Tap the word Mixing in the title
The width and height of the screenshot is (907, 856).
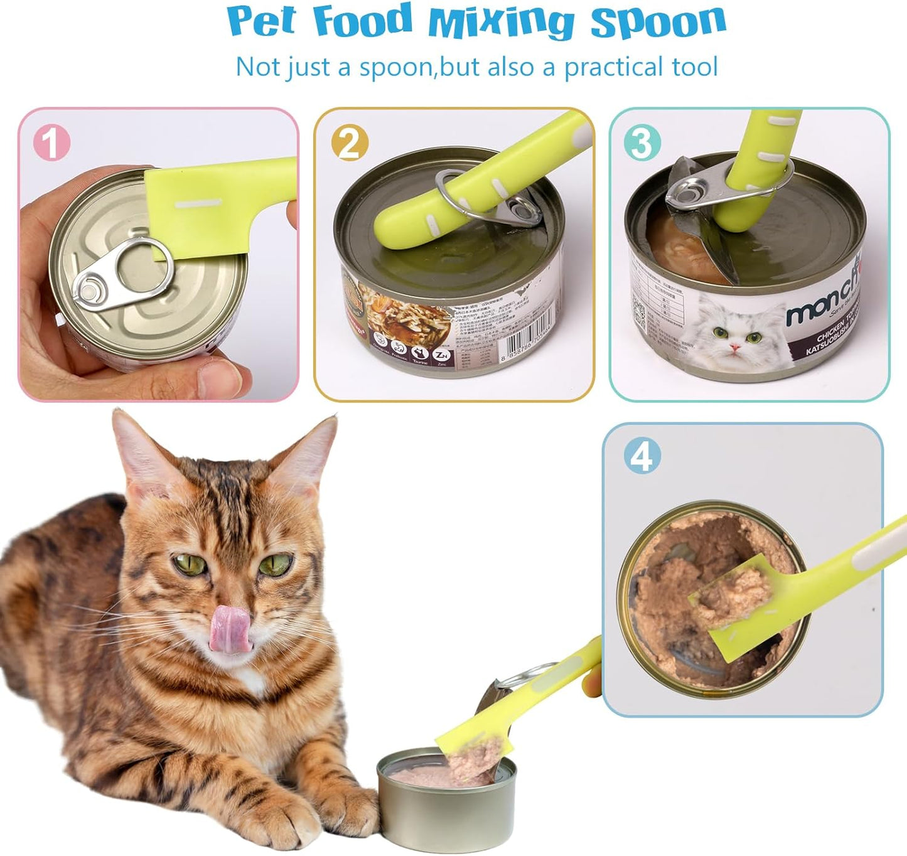click(x=500, y=23)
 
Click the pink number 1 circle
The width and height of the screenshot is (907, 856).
click(x=51, y=142)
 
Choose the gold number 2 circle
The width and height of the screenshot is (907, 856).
click(x=349, y=142)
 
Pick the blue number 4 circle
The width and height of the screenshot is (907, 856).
click(x=641, y=456)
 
